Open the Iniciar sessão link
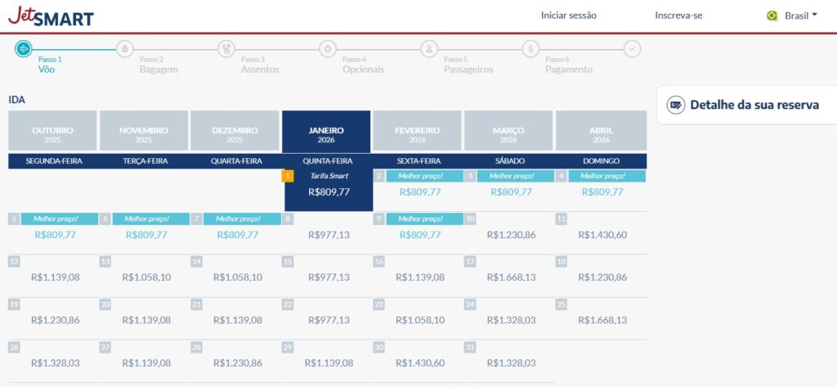click(x=569, y=16)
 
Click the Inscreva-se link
click(x=678, y=16)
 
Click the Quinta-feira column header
click(x=327, y=161)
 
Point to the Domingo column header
click(x=601, y=161)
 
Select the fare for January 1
click(x=329, y=192)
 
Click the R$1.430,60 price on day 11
click(x=602, y=235)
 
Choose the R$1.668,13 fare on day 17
click(x=511, y=277)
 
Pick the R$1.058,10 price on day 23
click(x=420, y=320)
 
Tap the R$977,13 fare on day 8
click(x=329, y=235)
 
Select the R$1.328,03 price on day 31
click(x=511, y=362)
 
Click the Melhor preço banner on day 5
click(x=59, y=218)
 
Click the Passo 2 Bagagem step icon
click(x=125, y=49)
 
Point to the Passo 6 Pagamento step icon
click(x=531, y=49)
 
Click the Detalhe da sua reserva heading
click(x=754, y=105)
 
